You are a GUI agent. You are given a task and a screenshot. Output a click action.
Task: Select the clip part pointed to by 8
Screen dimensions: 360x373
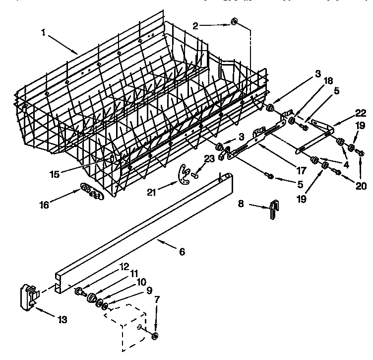(273, 210)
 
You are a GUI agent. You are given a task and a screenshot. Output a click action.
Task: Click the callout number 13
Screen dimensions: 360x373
(62, 319)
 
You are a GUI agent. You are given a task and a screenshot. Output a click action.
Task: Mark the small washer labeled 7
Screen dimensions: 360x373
(155, 337)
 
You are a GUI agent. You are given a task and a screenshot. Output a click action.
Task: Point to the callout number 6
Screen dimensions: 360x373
(182, 252)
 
